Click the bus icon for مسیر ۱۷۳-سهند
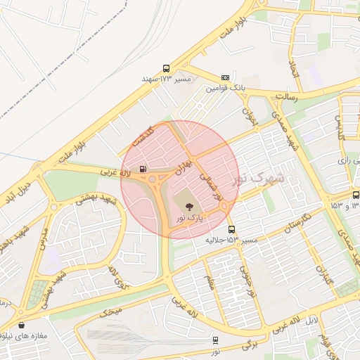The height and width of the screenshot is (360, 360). coord(167,69)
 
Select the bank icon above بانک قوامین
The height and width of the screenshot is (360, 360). coord(225,77)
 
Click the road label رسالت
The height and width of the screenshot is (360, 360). coord(286,97)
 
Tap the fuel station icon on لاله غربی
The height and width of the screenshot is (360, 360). coord(143,169)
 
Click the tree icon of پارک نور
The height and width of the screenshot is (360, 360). coord(188,205)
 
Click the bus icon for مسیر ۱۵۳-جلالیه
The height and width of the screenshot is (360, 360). coord(231,230)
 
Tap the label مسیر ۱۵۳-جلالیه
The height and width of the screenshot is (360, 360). coord(231,240)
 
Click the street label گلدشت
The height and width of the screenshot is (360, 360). coord(158,134)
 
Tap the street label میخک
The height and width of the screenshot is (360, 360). coord(111,311)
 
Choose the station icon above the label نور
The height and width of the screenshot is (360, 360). coord(215,340)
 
